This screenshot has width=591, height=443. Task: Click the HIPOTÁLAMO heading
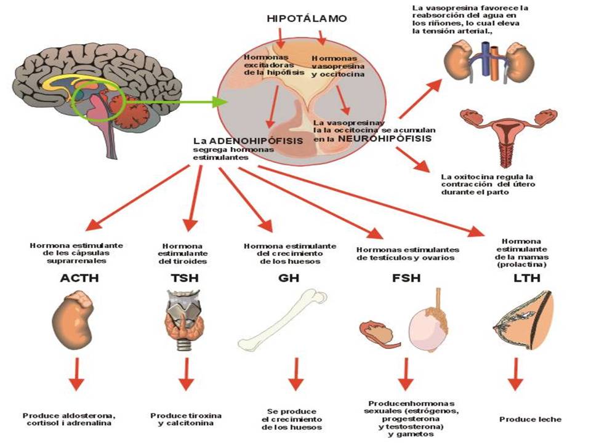[307, 18]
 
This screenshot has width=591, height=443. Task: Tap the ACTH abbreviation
[79, 278]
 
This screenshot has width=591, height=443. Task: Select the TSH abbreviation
[184, 278]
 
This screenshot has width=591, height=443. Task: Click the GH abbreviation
[287, 278]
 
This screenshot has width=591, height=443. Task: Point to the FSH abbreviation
[406, 278]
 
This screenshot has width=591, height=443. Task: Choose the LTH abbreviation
[526, 278]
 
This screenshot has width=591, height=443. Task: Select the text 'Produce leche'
[530, 419]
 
